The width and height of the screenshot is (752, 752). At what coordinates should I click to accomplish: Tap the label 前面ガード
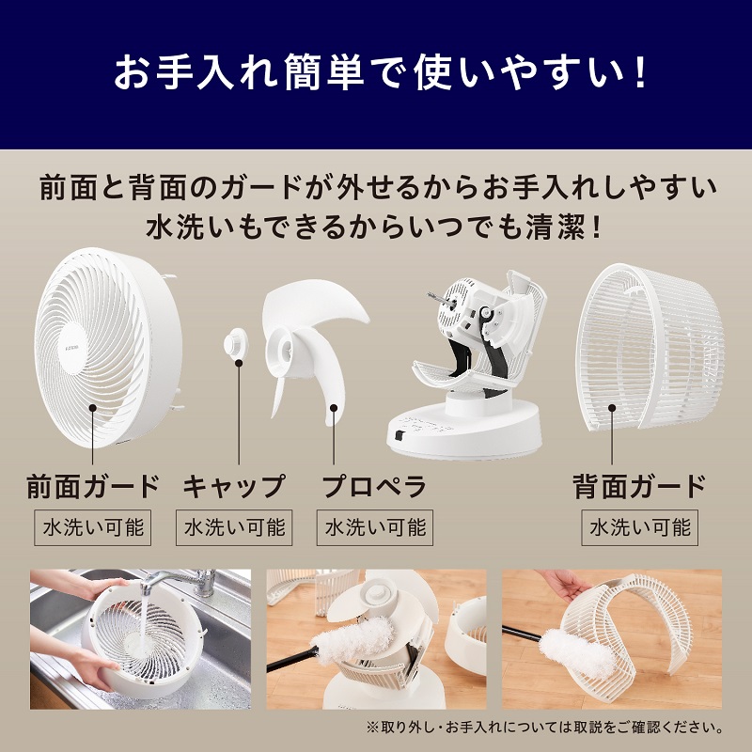pyautogui.click(x=93, y=487)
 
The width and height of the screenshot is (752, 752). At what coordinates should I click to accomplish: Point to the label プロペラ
pyautogui.click(x=374, y=487)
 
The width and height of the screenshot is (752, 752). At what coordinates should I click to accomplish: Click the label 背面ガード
pyautogui.click(x=639, y=487)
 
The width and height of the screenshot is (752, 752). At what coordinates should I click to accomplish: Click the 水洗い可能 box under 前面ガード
pyautogui.click(x=93, y=527)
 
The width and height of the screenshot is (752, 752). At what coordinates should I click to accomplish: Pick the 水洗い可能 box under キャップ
pyautogui.click(x=234, y=527)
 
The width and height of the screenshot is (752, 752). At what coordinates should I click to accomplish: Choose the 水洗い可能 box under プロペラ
pyautogui.click(x=375, y=527)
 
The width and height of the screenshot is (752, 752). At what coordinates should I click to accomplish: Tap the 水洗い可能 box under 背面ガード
pyautogui.click(x=639, y=527)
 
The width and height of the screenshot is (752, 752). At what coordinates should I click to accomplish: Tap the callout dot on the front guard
pyautogui.click(x=93, y=408)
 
